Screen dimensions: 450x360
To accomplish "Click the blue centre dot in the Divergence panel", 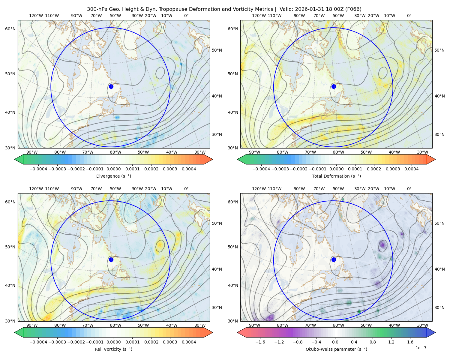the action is (111, 86).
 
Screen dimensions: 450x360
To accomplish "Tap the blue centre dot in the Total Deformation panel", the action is (334, 86).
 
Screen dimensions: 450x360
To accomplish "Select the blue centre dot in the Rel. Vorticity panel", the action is (111, 259).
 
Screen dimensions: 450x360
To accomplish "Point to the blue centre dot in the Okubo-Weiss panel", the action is (334, 259).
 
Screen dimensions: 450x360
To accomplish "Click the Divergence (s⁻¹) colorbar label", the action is (113, 176).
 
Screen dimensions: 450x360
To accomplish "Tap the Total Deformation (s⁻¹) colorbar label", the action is (336, 176).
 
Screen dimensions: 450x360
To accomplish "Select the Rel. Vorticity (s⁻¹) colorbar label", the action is (113, 349).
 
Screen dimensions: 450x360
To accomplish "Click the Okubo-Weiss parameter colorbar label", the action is (336, 349).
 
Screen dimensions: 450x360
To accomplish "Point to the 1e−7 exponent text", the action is (421, 348).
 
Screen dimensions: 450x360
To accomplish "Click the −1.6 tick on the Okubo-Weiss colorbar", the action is (260, 342).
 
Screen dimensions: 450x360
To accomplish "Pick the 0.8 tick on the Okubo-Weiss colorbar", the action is (373, 342).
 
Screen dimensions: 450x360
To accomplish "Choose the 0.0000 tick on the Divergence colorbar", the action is (113, 169).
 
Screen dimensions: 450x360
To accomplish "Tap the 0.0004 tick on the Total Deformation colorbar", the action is (411, 169).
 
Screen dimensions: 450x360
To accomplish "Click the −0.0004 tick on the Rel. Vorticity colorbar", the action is (38, 342).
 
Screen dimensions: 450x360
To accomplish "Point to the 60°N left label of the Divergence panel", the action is (10, 29).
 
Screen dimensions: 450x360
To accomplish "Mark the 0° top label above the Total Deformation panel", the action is (409, 16).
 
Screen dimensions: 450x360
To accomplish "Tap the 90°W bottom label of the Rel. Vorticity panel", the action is (32, 325).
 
